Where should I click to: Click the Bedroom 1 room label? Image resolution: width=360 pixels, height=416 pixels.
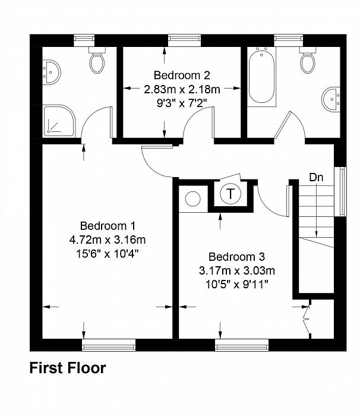point(108,226)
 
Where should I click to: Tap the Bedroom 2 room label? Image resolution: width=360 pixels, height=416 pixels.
point(182,75)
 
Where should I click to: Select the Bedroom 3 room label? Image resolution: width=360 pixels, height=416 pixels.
point(236,257)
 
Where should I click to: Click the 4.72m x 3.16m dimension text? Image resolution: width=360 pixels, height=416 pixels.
point(108,240)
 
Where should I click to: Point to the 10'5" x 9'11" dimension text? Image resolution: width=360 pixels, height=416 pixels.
point(236,285)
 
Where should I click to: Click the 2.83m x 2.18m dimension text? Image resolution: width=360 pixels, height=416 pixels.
point(182,89)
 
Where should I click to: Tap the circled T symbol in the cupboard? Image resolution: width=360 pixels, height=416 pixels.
point(230,193)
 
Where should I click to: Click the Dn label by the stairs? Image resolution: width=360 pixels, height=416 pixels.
point(316,178)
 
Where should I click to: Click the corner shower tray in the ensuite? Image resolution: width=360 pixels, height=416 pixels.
point(59,121)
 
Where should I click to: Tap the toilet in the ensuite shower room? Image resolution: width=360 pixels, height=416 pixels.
point(97,60)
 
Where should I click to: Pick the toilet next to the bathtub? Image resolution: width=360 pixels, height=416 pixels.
point(308,60)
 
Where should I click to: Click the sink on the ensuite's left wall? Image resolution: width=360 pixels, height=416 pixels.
point(52,72)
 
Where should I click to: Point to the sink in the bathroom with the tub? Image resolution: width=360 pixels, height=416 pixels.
point(331,99)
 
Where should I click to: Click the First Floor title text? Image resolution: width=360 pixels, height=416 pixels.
point(68,368)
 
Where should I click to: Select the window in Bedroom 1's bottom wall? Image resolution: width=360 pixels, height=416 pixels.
point(109,345)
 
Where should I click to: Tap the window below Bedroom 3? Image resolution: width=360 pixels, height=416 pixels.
point(242,345)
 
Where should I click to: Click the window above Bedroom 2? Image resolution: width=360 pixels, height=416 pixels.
point(185,40)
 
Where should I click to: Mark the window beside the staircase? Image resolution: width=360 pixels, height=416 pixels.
point(340,191)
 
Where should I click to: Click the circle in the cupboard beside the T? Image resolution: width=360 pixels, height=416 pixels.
point(193,198)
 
